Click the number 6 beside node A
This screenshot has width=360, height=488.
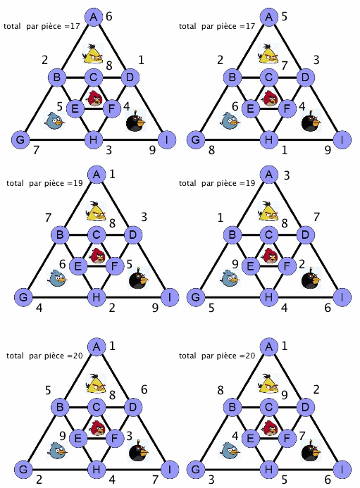coord(109,16)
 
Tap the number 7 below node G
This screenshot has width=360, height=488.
coord(37,150)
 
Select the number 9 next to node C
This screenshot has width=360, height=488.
coord(285,395)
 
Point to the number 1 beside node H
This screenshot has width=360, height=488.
coord(285,150)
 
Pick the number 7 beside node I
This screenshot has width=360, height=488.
coord(155,480)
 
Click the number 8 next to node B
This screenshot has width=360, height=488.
coord(221,389)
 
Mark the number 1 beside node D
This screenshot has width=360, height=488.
coord(141,59)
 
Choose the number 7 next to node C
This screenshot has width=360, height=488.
coord(285,65)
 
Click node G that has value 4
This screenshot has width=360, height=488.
coord(23,297)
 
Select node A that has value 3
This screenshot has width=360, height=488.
coord(269,175)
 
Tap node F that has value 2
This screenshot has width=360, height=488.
coord(287,266)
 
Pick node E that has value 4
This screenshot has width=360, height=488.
coord(250,438)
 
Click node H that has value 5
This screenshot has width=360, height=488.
coord(268,469)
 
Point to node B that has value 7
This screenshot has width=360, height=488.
coord(60,234)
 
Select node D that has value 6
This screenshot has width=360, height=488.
coord(133,407)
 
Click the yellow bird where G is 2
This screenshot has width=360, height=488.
coord(96,383)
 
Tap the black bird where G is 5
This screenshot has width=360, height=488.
coord(311,277)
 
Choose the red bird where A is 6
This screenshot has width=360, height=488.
coord(95,98)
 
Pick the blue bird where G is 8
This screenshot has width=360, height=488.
coord(230,120)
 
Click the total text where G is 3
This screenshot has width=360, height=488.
coord(217,356)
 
